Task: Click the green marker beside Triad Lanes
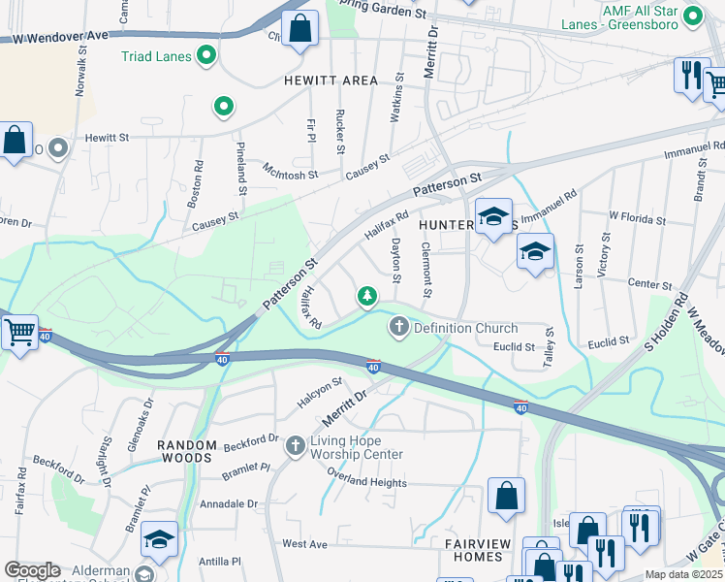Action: click(205, 57)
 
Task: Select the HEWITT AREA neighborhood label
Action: click(331, 81)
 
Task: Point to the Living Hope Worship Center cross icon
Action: click(296, 446)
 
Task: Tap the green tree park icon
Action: click(367, 295)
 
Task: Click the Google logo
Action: click(32, 570)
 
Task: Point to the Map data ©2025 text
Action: click(684, 574)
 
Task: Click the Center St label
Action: click(649, 285)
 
